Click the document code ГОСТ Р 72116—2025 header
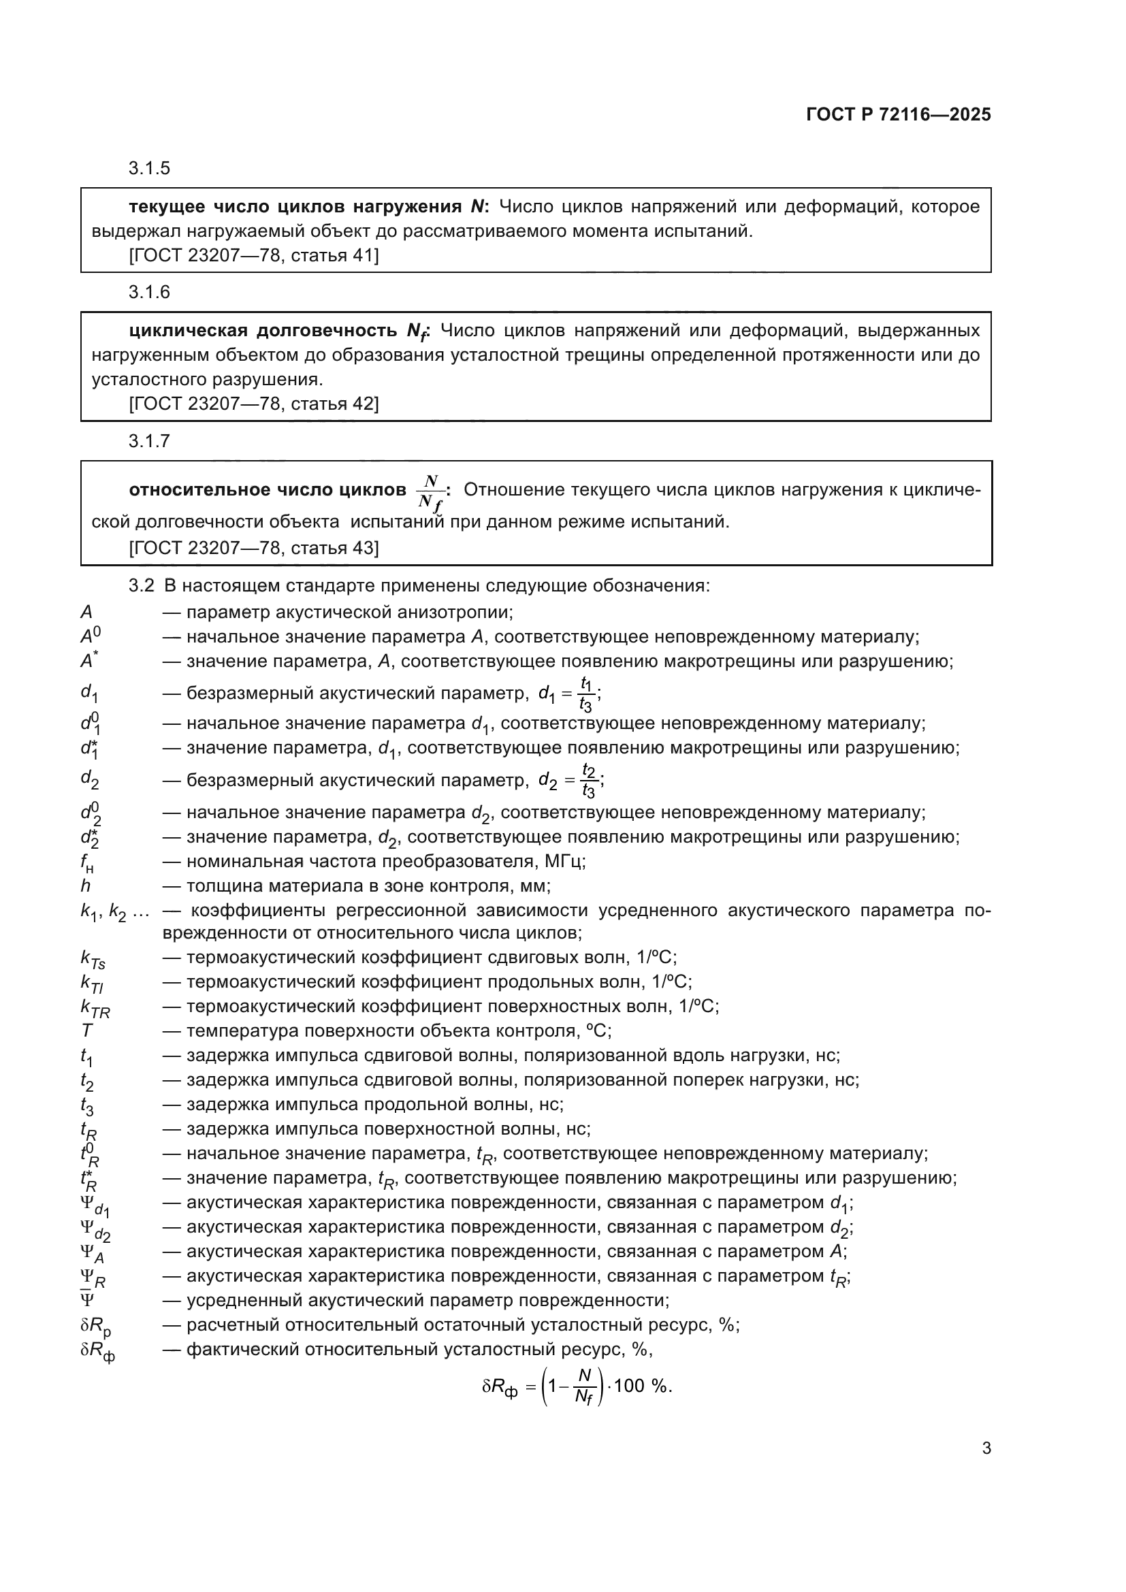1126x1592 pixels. coord(898,114)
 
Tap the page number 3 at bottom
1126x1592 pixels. coord(986,1448)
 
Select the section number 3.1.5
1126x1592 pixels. coord(149,169)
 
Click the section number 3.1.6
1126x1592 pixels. coord(149,292)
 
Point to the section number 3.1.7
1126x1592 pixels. coord(149,441)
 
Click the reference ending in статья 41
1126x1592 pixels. coord(254,256)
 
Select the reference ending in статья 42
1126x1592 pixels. coord(254,404)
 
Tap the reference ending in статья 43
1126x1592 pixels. coord(254,549)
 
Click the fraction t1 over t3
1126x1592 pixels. coord(586,694)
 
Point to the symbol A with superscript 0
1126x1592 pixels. coord(90,636)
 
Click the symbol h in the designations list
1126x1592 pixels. coord(85,886)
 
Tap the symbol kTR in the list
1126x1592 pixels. coord(95,1007)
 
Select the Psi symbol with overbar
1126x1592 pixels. coord(87,1300)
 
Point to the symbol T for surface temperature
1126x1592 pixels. coord(86,1031)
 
